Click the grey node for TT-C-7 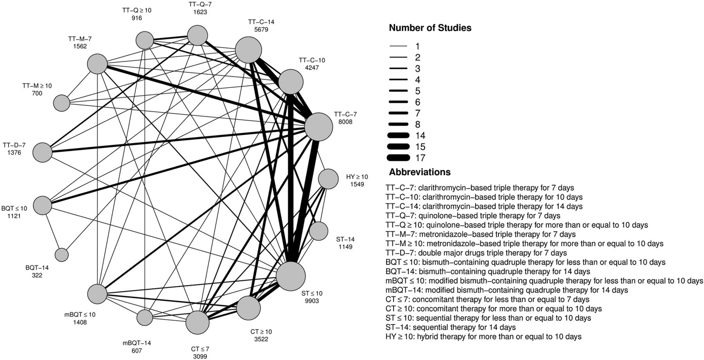(319, 127)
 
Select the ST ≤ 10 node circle (291, 276)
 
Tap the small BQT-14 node (61, 255)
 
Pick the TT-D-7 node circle (42, 152)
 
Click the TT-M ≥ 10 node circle (61, 103)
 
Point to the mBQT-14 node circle (145, 318)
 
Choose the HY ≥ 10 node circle (328, 179)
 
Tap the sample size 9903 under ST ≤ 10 (312, 301)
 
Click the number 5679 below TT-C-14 (261, 29)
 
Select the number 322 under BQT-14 (37, 275)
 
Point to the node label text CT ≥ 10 (261, 331)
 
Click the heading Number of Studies (430, 28)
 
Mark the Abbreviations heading (419, 172)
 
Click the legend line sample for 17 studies (399, 158)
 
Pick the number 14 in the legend (420, 136)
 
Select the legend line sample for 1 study (399, 47)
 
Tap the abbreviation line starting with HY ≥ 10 (483, 337)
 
